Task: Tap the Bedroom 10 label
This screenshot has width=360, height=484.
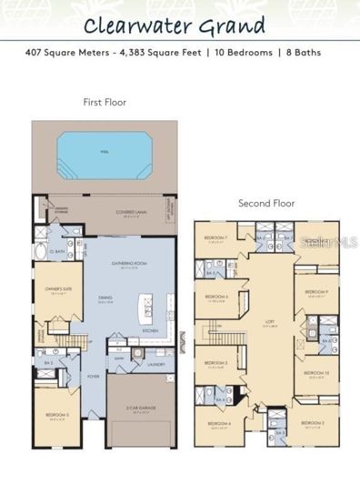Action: click(315, 373)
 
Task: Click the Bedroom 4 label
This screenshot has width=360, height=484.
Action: click(218, 424)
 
